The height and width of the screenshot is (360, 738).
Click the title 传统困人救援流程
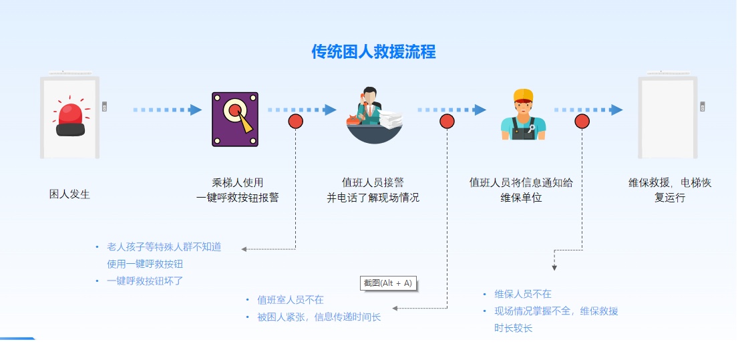pyautogui.click(x=374, y=52)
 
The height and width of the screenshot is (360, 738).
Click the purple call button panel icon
pyautogui.click(x=235, y=119)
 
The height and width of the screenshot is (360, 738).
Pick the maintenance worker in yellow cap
pyautogui.click(x=523, y=114)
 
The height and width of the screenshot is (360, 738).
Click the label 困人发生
pyautogui.click(x=69, y=194)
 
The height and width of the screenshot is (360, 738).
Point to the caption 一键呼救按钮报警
pyautogui.click(x=238, y=198)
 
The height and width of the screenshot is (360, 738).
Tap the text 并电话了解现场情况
pyautogui.click(x=373, y=198)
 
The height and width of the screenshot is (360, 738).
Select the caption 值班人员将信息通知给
pyautogui.click(x=521, y=182)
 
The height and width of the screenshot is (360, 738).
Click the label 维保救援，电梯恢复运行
pyautogui.click(x=670, y=190)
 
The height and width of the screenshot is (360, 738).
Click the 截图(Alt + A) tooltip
pyautogui.click(x=388, y=283)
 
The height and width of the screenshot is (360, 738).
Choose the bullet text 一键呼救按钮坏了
pyautogui.click(x=145, y=281)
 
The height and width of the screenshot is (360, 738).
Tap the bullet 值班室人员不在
pyautogui.click(x=291, y=300)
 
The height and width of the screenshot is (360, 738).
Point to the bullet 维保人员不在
pyautogui.click(x=523, y=294)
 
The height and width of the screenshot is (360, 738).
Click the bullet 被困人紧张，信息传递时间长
pyautogui.click(x=319, y=317)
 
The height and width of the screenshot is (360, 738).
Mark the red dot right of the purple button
pyautogui.click(x=296, y=122)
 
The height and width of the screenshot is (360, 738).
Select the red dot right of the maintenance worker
pyautogui.click(x=582, y=122)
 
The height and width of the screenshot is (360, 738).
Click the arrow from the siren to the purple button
pyautogui.click(x=167, y=110)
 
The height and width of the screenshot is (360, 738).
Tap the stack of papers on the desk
pyautogui.click(x=391, y=120)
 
